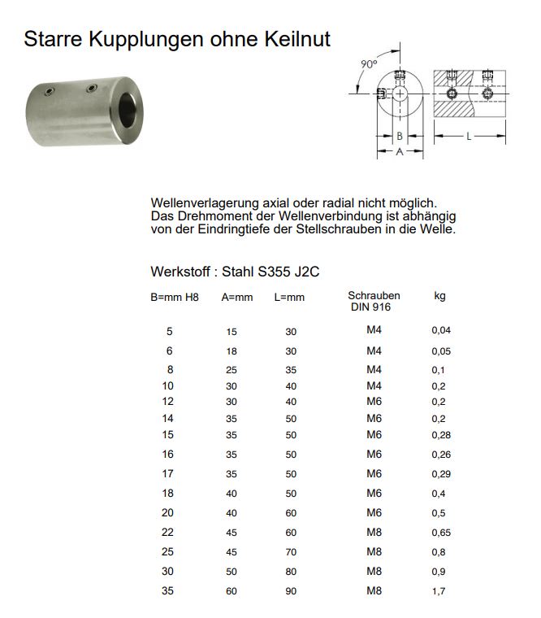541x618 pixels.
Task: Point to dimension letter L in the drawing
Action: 469,137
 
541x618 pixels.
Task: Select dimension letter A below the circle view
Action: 399,152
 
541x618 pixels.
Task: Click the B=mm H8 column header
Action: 175,298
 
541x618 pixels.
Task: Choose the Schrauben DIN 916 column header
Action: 374,302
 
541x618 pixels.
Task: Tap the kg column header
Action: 439,296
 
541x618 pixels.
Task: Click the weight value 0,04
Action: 440,330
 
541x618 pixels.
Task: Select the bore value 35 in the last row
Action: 169,591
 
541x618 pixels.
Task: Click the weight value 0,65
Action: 440,533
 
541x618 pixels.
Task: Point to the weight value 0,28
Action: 440,436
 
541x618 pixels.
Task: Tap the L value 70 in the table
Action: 291,551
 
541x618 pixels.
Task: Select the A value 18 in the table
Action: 232,351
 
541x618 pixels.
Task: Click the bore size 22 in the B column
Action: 169,532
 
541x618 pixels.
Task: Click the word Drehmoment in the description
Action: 218,216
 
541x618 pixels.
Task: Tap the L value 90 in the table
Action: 291,591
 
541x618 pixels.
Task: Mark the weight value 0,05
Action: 440,351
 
